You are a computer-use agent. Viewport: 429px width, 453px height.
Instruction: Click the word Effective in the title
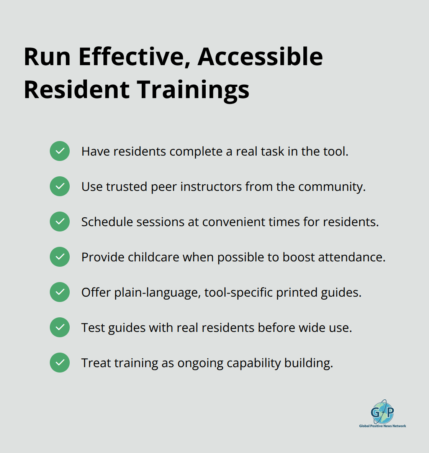click(134, 57)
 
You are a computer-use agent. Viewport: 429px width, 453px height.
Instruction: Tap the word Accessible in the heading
click(260, 57)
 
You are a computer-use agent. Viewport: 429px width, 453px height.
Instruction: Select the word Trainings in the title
click(193, 90)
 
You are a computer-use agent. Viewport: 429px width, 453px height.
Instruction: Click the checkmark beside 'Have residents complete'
click(60, 151)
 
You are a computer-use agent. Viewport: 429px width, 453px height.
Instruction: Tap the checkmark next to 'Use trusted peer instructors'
click(60, 186)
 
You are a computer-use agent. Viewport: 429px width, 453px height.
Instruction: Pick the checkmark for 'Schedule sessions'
click(60, 222)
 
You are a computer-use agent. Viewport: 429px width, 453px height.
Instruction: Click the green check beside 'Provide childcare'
click(60, 257)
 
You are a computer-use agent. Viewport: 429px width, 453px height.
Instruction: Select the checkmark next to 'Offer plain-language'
click(60, 292)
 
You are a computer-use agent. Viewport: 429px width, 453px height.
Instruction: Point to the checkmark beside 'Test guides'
click(60, 327)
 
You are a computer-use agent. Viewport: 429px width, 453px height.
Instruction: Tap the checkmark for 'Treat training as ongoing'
click(60, 363)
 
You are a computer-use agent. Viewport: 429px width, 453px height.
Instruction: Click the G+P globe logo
click(382, 412)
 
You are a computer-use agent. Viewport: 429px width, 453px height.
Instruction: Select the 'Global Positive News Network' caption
click(382, 426)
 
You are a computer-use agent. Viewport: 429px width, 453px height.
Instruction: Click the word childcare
click(153, 257)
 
